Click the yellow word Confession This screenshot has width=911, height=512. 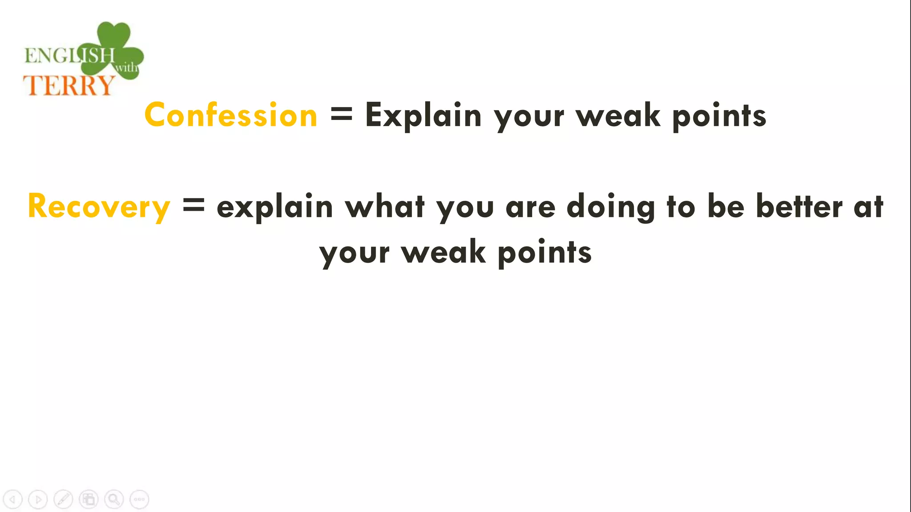click(231, 115)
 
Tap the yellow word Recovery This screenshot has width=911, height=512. click(99, 207)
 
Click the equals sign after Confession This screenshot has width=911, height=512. click(341, 115)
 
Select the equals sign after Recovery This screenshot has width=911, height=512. click(193, 206)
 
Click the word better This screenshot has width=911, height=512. click(799, 207)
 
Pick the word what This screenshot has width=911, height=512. click(385, 207)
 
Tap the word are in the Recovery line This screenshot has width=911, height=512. click(530, 208)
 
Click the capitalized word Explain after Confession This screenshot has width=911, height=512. click(423, 115)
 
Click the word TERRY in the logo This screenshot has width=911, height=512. click(69, 85)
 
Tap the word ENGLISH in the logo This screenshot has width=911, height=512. click(69, 56)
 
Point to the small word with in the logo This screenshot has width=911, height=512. click(126, 68)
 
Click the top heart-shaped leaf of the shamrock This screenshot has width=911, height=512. click(113, 35)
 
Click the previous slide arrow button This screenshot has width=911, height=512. click(12, 500)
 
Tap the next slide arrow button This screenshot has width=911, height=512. click(38, 500)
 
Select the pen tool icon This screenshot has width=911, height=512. click(63, 500)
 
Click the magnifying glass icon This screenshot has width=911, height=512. click(114, 500)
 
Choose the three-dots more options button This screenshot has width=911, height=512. click(139, 500)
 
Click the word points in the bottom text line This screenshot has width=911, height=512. click(544, 252)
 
